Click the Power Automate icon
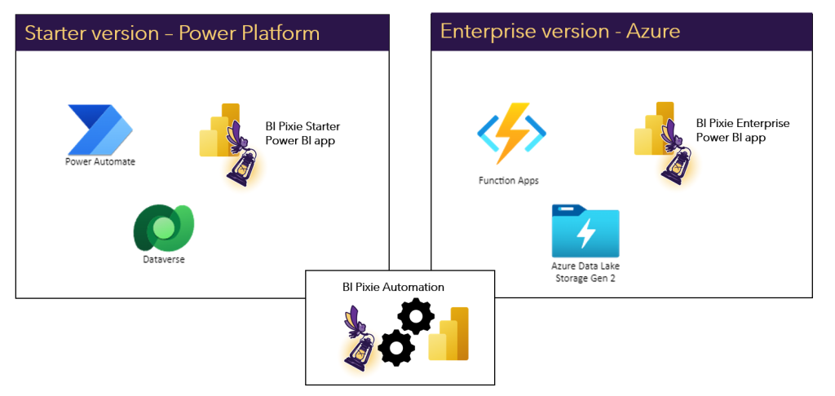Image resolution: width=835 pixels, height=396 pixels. (100, 130)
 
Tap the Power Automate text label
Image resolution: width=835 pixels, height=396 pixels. (100, 161)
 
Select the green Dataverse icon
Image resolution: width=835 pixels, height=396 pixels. (163, 227)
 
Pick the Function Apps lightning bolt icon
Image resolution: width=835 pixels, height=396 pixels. (511, 134)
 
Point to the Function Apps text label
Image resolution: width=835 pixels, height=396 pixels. (508, 180)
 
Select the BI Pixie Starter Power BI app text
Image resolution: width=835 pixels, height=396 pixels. (303, 133)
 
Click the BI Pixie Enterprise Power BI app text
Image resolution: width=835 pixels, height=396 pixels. (742, 130)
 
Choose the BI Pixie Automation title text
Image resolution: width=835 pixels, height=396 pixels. (393, 287)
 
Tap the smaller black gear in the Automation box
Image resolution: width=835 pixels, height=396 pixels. (396, 349)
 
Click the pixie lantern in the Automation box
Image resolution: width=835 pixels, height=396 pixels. (360, 339)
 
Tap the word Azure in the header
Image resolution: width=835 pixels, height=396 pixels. (652, 32)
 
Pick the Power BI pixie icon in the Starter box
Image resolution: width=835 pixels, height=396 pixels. (225, 143)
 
